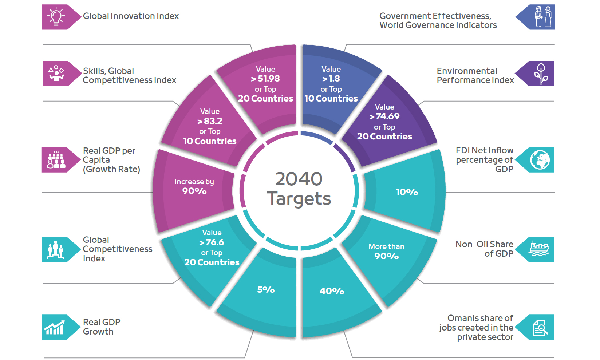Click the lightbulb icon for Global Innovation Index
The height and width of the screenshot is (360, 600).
pyautogui.click(x=56, y=17)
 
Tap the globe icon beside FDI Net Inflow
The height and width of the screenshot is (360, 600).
pyautogui.click(x=540, y=160)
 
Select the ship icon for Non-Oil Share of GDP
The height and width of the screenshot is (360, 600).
pyautogui.click(x=539, y=249)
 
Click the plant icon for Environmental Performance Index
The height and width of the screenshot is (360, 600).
pyautogui.click(x=541, y=74)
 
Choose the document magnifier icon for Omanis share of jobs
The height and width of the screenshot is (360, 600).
pyautogui.click(x=540, y=328)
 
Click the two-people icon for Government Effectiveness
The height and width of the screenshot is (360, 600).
pyautogui.click(x=543, y=17)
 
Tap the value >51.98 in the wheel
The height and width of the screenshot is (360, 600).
pyautogui.click(x=265, y=79)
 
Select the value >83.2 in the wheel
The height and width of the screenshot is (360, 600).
pyautogui.click(x=210, y=121)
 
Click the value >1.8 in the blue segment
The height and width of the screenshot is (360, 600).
pyautogui.click(x=331, y=79)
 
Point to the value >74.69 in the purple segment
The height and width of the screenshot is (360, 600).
pyautogui.click(x=384, y=116)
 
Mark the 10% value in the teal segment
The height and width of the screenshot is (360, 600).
pyautogui.click(x=407, y=192)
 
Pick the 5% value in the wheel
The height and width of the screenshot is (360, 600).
pyautogui.click(x=266, y=290)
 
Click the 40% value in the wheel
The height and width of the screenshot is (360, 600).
pyautogui.click(x=332, y=291)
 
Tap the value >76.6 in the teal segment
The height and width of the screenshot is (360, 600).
pyautogui.click(x=212, y=242)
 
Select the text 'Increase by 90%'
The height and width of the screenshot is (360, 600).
pyautogui.click(x=194, y=186)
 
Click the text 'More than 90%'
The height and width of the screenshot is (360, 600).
pyautogui.click(x=386, y=251)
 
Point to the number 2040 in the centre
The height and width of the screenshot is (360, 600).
pyautogui.click(x=299, y=179)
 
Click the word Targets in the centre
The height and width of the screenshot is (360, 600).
pyautogui.click(x=299, y=199)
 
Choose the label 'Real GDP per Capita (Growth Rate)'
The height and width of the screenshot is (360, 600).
pyautogui.click(x=111, y=160)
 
